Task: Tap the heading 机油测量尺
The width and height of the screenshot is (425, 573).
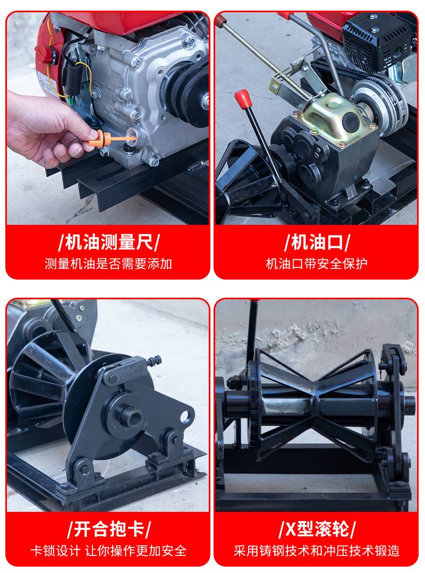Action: pos(109,242)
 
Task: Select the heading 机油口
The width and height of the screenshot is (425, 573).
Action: pos(317,242)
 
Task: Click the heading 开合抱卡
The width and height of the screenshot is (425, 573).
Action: pos(109,529)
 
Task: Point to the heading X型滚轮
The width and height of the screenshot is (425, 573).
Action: pos(317,529)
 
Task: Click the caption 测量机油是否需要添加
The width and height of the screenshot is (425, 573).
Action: pos(108,264)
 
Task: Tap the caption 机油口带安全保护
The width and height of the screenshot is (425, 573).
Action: pos(317,264)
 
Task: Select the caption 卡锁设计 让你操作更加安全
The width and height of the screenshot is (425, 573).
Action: pos(108,551)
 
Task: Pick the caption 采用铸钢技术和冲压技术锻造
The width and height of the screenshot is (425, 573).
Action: pos(317,551)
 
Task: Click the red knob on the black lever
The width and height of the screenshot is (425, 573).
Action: pos(243,98)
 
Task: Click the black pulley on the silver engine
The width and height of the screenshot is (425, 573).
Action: pos(185,93)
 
